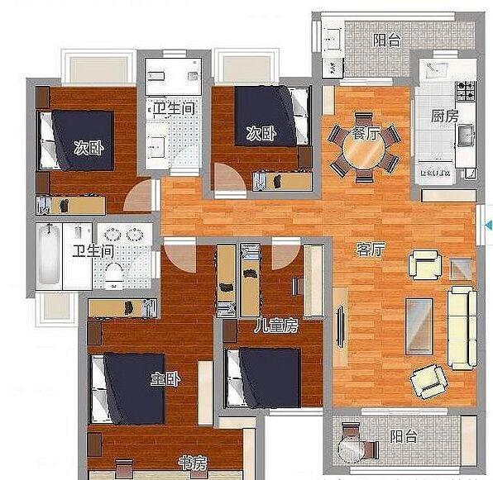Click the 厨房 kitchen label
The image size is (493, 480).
pyautogui.click(x=444, y=116)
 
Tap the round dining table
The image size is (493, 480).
pyautogui.click(x=364, y=149)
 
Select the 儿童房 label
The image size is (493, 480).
pyautogui.click(x=276, y=326)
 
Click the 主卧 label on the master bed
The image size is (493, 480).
pyautogui.click(x=165, y=379)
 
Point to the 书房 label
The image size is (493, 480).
pyautogui.click(x=193, y=463)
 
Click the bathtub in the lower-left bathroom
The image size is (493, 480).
pyautogui.click(x=49, y=255)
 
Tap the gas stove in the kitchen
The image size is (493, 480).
pyautogui.click(x=466, y=91)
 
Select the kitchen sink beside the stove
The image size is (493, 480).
pyautogui.click(x=466, y=135)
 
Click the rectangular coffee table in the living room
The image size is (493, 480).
pyautogui.click(x=419, y=326)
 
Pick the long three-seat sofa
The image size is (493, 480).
pyautogui.click(x=462, y=328)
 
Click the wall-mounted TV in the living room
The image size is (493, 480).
pyautogui.click(x=340, y=327)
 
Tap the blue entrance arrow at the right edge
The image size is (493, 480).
pyautogui.click(x=489, y=225)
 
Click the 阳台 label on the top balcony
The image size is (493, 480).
pyautogui.click(x=387, y=40)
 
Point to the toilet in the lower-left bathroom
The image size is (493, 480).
pyautogui.click(x=112, y=274)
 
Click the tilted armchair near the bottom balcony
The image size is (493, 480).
pyautogui.click(x=429, y=381)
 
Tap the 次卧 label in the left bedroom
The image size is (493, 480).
pyautogui.click(x=89, y=148)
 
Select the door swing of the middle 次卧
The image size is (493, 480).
pyautogui.click(x=229, y=178)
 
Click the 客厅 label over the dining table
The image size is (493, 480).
pyautogui.click(x=366, y=133)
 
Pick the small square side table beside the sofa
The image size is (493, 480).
pyautogui.click(x=461, y=269)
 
